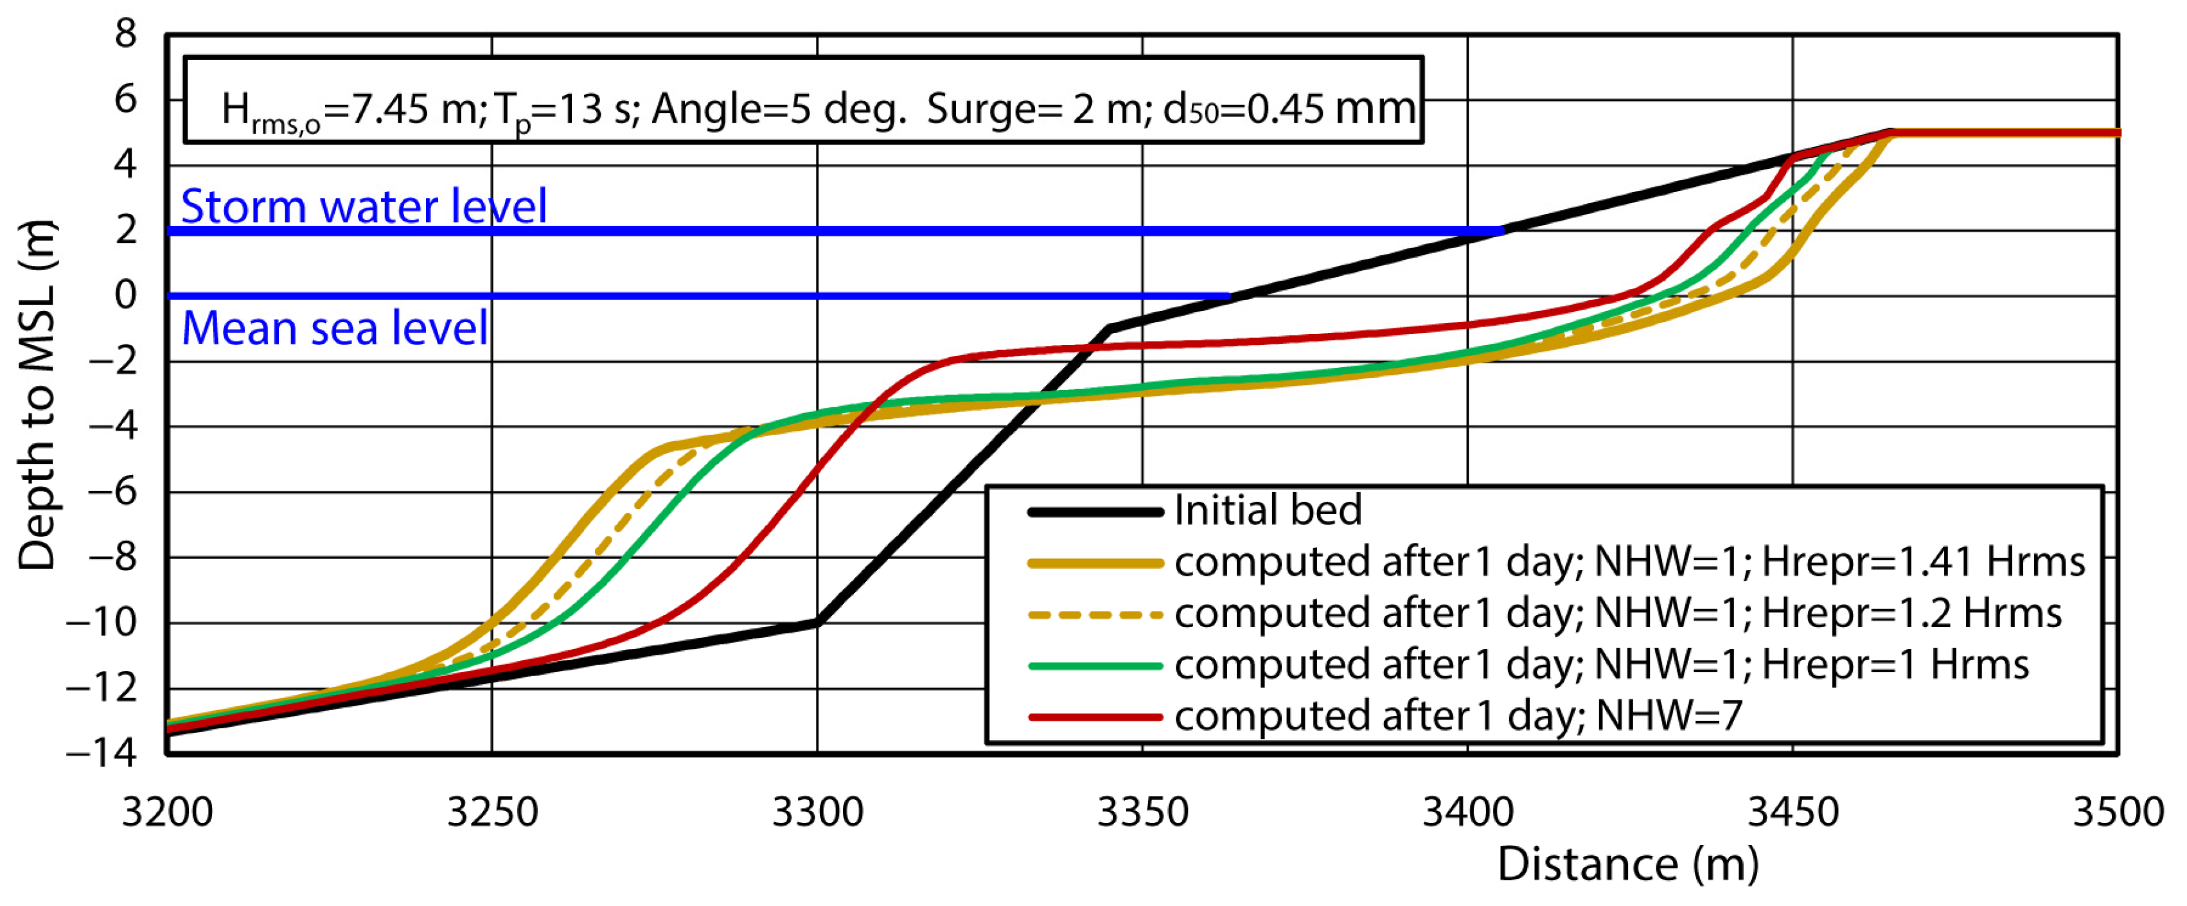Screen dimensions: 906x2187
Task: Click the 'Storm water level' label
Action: (x=364, y=206)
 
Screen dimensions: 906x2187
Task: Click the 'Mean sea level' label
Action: (x=335, y=328)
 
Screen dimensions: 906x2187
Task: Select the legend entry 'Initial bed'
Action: (x=1267, y=510)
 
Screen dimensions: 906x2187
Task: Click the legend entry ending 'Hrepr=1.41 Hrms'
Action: (x=1627, y=562)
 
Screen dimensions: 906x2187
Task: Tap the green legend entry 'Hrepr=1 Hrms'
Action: (x=1600, y=665)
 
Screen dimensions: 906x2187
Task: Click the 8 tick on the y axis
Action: (x=126, y=34)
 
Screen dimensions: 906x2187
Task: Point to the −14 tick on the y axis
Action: (x=102, y=752)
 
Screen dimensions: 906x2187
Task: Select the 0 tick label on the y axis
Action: (x=126, y=295)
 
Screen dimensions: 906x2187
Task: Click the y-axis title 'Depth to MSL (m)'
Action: (x=37, y=395)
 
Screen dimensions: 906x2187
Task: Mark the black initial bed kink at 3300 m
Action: (x=817, y=623)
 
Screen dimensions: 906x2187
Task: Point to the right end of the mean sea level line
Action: (x=1228, y=296)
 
